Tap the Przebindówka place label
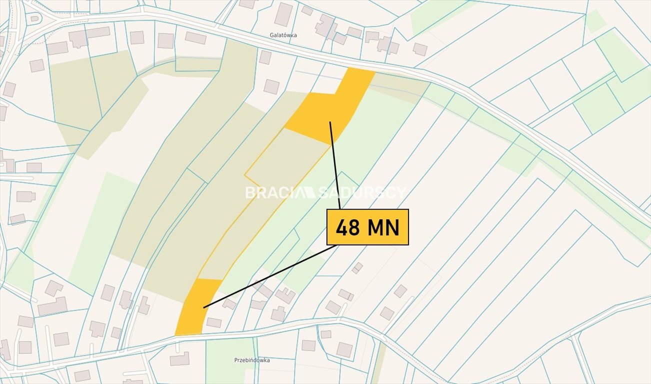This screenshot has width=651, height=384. pos(252,360)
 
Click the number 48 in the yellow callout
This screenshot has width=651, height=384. pos(348,228)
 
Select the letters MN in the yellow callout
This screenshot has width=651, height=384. pos(384,228)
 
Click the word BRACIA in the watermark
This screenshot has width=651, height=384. pos(272,192)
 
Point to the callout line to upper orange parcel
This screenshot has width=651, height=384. pos(335,165)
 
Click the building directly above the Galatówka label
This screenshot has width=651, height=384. pos(283,14)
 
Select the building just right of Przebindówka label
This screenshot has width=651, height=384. pos(308,345)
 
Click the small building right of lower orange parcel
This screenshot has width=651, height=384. pos(214,322)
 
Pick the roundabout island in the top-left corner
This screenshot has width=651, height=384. pos(34,18)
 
